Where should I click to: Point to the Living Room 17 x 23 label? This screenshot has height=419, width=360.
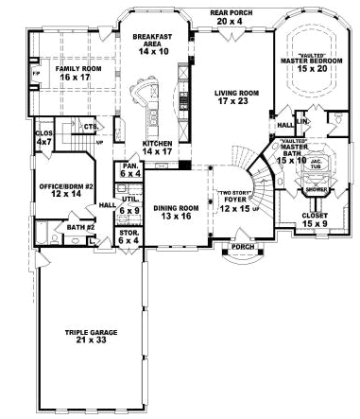coord(223,98)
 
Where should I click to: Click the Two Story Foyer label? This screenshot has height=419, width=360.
coord(234,201)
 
